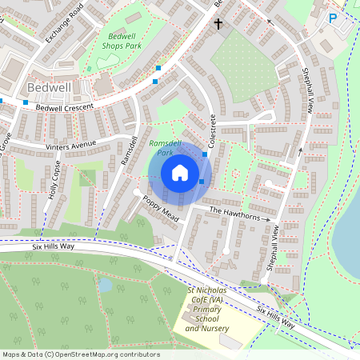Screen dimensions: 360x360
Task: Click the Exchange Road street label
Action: click(63, 24)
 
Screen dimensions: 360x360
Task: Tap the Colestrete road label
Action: click(213, 129)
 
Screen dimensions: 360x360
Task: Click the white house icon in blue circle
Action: click(180, 173)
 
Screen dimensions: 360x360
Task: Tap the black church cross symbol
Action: click(218, 24)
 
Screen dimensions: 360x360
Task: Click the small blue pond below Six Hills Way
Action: click(105, 284)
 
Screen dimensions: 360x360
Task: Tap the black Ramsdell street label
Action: click(125, 150)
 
